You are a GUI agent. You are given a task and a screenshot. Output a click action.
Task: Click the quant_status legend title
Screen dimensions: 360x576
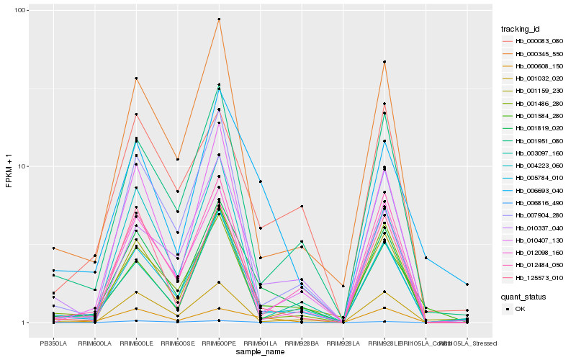[524, 296]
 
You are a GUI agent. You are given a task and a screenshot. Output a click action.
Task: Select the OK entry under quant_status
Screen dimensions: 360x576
[520, 309]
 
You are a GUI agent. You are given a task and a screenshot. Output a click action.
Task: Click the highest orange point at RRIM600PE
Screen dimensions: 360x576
[219, 19]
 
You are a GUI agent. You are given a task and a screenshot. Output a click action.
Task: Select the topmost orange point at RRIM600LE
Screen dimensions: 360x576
[136, 78]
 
